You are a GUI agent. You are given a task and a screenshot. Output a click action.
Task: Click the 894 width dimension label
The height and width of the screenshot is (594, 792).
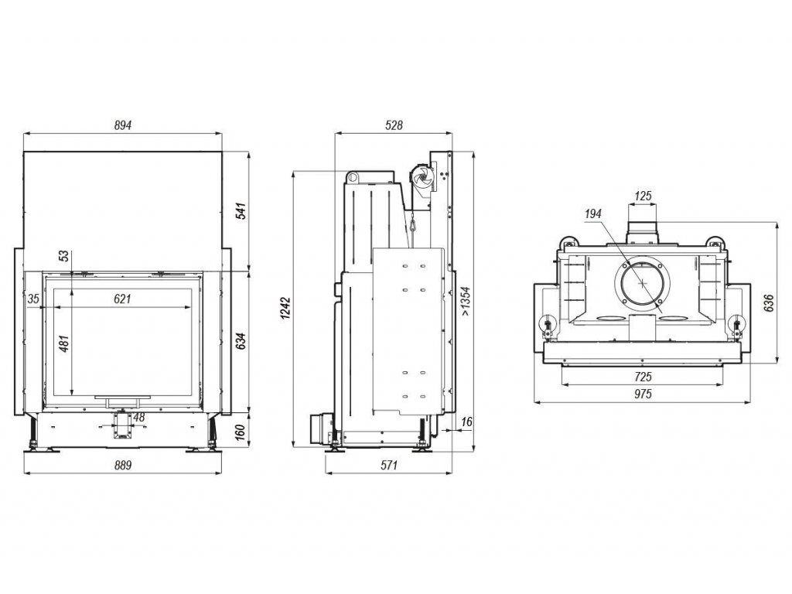[x=123, y=125]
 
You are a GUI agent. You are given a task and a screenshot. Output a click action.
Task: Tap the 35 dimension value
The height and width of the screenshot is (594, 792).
[x=32, y=299]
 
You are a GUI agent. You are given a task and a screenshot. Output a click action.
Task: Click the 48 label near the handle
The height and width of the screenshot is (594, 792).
[x=139, y=418]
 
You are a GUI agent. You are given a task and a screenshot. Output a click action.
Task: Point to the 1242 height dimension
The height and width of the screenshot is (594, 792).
[x=287, y=309]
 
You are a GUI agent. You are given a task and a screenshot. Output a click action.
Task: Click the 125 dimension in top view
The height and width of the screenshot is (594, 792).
[x=643, y=196]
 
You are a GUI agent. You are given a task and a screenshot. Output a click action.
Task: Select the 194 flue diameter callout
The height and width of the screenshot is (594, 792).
[x=594, y=213]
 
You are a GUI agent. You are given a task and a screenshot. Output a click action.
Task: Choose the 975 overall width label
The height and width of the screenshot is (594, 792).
[x=643, y=394]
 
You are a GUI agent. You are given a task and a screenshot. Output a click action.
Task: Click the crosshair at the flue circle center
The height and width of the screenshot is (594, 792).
[x=642, y=282]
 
